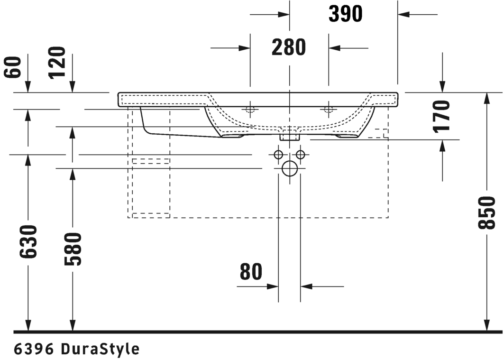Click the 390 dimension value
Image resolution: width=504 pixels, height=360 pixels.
[x=346, y=14]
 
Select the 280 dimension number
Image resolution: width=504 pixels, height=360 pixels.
[x=289, y=47]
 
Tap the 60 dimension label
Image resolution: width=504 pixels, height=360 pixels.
[x=12, y=67]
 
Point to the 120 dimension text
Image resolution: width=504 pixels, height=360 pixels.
[x=57, y=63]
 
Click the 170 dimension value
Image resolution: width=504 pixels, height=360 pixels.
[x=441, y=116]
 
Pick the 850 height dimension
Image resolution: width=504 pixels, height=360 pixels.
[x=486, y=213]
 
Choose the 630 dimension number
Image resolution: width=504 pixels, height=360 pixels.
[x=28, y=242]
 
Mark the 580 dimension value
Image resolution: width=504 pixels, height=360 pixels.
[x=73, y=249]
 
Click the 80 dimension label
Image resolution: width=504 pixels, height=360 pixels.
[x=251, y=272]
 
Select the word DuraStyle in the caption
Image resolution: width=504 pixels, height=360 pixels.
[x=100, y=349]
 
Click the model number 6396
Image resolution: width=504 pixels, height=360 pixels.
[x=33, y=349]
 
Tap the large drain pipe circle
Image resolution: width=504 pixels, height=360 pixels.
[x=290, y=168]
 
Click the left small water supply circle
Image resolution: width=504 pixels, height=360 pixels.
[x=278, y=155]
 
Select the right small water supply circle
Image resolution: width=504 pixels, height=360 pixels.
[x=301, y=155]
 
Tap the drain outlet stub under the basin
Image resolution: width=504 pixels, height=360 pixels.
[x=289, y=137]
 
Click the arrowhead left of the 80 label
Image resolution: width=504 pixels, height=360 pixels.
[x=273, y=286]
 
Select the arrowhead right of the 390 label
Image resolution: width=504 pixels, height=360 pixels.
[x=403, y=14]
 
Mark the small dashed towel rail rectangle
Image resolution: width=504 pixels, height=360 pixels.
[x=151, y=161]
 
